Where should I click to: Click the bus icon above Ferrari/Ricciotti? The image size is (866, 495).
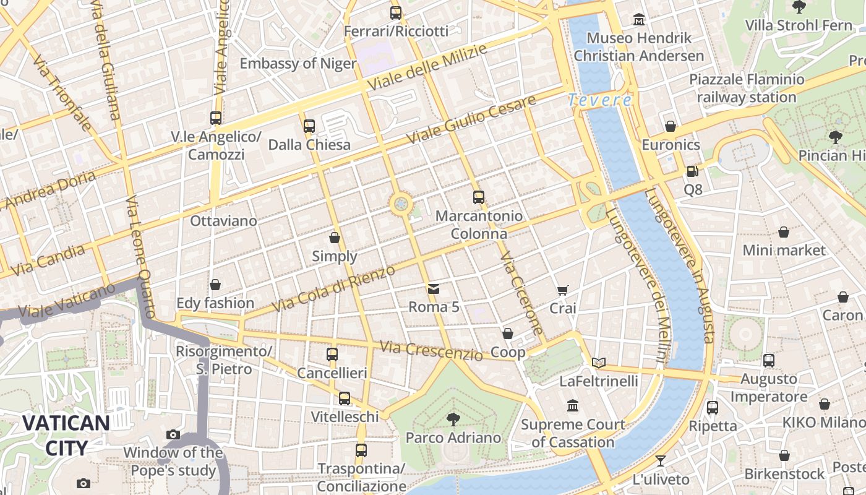[x=396, y=12]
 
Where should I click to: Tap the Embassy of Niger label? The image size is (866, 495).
[x=298, y=64]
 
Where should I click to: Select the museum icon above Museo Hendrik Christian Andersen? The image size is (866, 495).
[x=639, y=20]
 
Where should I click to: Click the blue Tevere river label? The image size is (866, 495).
[x=599, y=100]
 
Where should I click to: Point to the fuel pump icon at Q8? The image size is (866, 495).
[x=693, y=171]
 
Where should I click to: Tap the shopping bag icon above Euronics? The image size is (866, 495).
[x=671, y=127]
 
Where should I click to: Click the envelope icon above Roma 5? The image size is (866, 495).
[x=434, y=289]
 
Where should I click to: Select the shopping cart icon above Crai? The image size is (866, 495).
[x=562, y=290]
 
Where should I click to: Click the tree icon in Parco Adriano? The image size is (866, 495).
[x=453, y=419]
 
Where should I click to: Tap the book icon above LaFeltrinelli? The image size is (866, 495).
[x=598, y=363]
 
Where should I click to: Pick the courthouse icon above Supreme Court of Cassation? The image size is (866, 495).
[x=573, y=407]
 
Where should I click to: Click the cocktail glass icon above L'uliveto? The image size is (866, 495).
[x=661, y=461]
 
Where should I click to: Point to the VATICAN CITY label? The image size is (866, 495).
[x=66, y=436]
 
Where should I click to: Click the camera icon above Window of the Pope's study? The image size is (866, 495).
[x=173, y=435]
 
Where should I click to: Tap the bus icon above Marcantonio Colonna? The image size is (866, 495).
[x=478, y=197]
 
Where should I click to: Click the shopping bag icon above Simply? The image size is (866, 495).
[x=335, y=238]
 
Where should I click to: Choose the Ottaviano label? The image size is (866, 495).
[x=223, y=221]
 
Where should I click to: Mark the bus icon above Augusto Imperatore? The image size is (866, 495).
[x=769, y=360]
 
